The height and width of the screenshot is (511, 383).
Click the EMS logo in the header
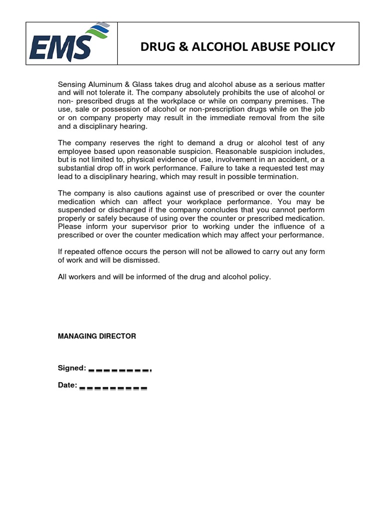coord(67,43)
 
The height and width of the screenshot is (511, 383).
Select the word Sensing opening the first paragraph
coord(73,85)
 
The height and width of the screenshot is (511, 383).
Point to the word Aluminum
coord(108,85)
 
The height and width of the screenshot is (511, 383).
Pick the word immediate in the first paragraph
coord(235,118)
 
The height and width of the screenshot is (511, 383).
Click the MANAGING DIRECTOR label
coord(97,336)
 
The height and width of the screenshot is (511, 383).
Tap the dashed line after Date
coord(113,387)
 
